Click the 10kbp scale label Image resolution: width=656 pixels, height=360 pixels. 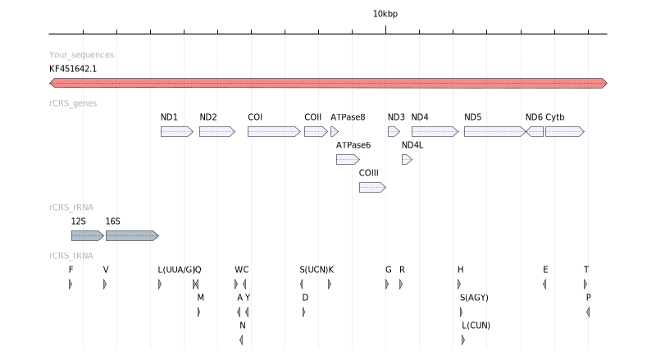(385, 14)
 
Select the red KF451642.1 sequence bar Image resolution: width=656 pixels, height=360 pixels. (328, 83)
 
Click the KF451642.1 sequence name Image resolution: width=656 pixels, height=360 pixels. (73, 69)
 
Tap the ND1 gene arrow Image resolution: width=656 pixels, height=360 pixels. (176, 131)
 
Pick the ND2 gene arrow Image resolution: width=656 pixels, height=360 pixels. (216, 131)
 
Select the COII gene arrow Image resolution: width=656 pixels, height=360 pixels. (316, 131)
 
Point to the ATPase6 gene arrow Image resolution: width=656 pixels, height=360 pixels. (348, 159)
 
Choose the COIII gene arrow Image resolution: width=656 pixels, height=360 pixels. (372, 187)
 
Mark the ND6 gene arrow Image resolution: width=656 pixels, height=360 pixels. (535, 131)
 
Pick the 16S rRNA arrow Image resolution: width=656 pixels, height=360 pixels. (132, 235)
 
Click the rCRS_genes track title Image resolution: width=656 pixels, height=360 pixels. (73, 103)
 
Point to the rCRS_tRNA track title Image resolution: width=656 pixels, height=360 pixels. (71, 255)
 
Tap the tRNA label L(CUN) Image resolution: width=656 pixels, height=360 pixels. (476, 325)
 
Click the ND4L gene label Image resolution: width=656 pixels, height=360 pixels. (412, 145)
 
